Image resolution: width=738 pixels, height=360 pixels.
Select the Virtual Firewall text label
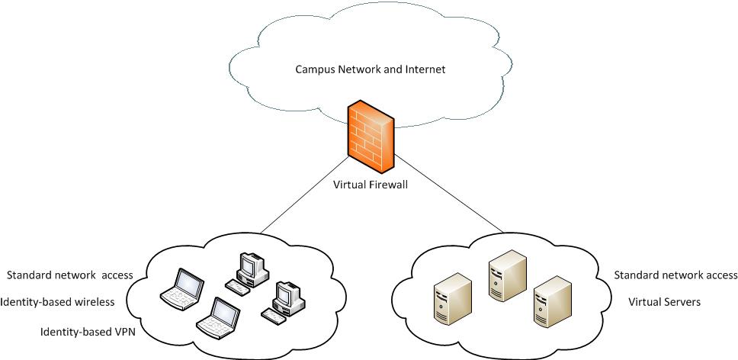pos(371,185)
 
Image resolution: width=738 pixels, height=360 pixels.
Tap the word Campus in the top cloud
pos(314,69)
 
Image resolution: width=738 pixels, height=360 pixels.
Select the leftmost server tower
pos(450,301)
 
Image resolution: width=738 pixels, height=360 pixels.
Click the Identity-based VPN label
pos(88,332)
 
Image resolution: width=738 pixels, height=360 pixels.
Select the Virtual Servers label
pos(664,302)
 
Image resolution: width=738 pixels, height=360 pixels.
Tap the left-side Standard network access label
pos(69,275)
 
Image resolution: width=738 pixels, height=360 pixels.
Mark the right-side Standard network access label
pos(675,275)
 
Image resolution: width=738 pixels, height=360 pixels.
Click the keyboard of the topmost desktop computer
pos(237,288)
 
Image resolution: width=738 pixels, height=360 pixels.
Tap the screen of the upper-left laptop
pos(188,283)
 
